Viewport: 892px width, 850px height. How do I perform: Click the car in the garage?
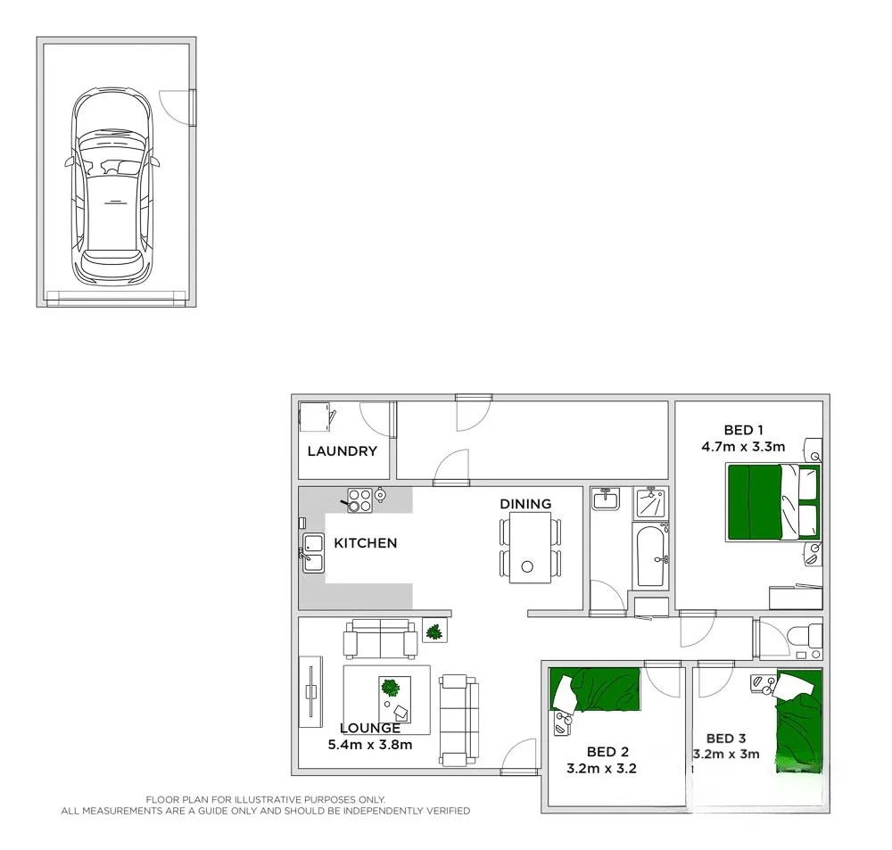111,187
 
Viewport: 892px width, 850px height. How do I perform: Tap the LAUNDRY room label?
342,451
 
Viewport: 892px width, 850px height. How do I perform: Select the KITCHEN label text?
365,542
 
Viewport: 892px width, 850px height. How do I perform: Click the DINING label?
525,504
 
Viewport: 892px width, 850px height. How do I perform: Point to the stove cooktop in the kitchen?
359,501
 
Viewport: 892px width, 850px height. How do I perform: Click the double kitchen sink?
312,552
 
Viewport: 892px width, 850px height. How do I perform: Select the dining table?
530,548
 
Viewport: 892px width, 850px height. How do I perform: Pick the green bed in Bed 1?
772,501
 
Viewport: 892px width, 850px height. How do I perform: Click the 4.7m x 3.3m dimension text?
742,447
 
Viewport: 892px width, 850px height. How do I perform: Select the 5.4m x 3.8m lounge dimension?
369,745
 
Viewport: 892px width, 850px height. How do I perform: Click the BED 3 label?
726,739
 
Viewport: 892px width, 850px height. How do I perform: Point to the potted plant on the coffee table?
390,688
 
